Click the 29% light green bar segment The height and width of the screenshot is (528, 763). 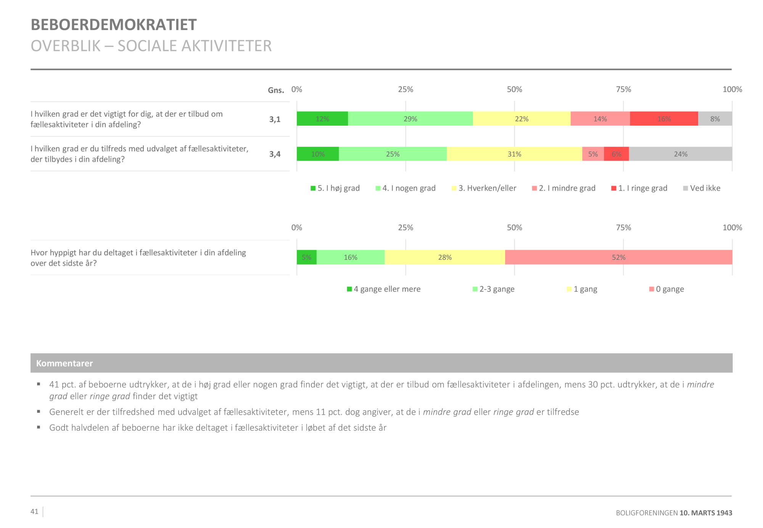coord(410,119)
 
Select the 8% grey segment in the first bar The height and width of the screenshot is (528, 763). coord(715,119)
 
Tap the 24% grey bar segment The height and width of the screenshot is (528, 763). coord(680,154)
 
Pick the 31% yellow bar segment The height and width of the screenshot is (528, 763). coord(514,154)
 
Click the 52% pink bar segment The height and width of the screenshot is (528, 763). coord(618,257)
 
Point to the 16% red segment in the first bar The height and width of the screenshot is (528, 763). coord(664,119)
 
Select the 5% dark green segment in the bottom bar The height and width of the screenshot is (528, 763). coord(306,257)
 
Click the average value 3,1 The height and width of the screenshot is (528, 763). coord(275,119)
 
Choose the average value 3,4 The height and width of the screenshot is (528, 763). coord(275,154)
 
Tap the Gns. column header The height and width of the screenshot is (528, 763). coord(276,90)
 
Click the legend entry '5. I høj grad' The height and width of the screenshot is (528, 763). coord(335,188)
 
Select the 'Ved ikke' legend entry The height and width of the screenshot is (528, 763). coord(702,188)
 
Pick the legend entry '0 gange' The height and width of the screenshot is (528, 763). coord(666,289)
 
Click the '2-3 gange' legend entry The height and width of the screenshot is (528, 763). coord(494,289)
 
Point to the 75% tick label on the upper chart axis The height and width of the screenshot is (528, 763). coord(623,90)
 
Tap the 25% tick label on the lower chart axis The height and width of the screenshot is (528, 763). coord(406,228)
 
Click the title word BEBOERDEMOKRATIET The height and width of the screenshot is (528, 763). coord(114,25)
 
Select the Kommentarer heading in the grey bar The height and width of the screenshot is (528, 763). coord(64,363)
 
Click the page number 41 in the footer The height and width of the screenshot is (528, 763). coord(34,512)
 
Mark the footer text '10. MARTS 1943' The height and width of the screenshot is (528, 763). coord(706,513)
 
